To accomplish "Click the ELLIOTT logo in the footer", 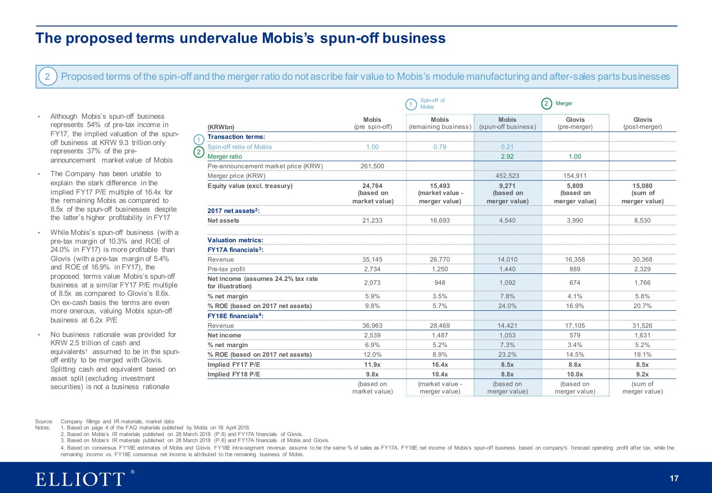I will click(x=80, y=479).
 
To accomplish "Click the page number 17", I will click(x=674, y=479).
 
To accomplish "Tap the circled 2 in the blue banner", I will click(x=47, y=77).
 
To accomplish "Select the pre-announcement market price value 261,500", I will click(x=372, y=166).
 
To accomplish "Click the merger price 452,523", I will click(x=507, y=176).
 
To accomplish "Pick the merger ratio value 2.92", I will click(x=507, y=156).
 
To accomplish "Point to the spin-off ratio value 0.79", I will click(x=439, y=147).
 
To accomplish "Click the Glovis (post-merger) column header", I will click(x=642, y=123).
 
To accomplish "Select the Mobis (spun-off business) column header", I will click(x=507, y=123).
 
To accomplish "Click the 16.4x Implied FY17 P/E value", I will click(x=439, y=365).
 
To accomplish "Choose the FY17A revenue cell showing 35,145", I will click(x=372, y=259).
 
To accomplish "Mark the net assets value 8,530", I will click(x=642, y=220).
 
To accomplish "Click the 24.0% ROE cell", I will click(x=507, y=306).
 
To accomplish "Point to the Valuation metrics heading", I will click(x=235, y=240).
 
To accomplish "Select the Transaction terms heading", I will click(x=236, y=137).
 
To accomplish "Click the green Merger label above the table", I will click(x=564, y=103).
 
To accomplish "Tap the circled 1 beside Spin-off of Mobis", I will click(x=411, y=104).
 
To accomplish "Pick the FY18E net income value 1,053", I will click(x=507, y=335).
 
